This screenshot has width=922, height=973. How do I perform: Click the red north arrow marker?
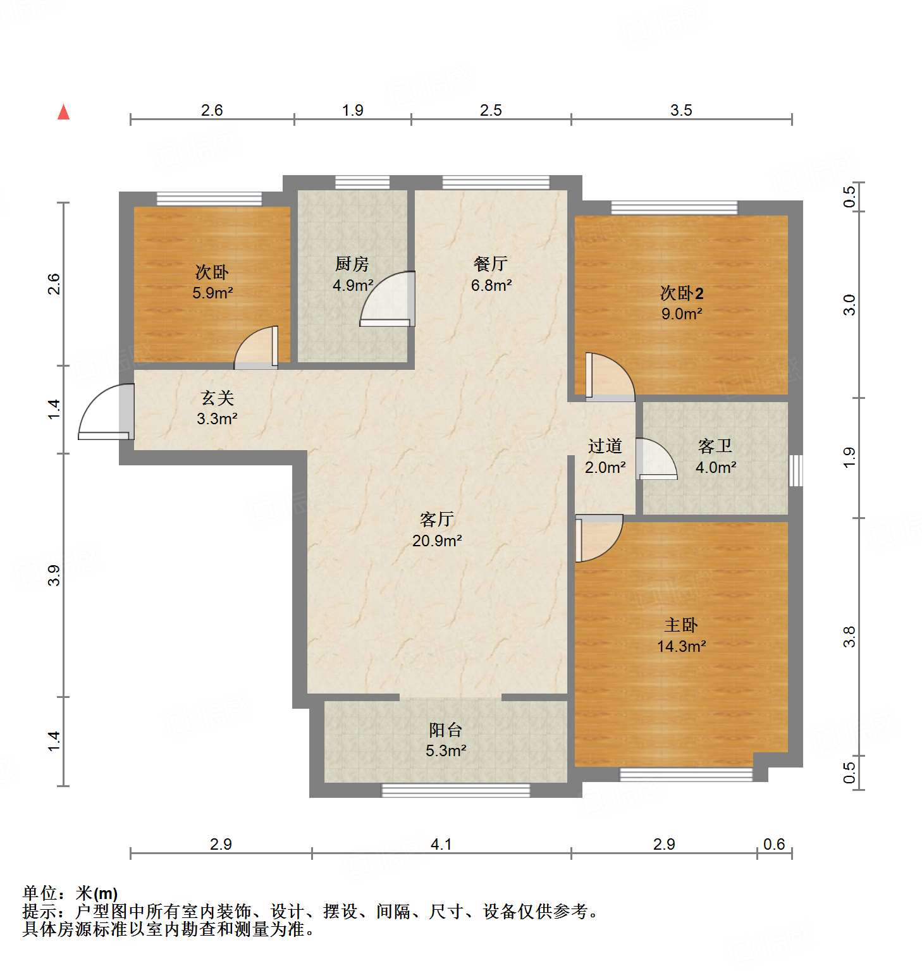63,112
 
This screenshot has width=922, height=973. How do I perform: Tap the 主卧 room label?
680,625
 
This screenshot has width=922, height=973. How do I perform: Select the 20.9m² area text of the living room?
437,541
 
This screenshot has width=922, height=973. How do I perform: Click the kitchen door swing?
387,300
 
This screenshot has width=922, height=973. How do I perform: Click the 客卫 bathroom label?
715,446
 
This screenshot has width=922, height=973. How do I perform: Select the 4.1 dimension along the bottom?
441,844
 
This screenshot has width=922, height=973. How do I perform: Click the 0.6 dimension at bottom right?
773,844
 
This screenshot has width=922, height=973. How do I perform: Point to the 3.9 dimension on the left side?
54,575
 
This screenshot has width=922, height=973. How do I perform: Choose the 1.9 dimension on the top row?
352,110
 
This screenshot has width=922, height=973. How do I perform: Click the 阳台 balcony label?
445,730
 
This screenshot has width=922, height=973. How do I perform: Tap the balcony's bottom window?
456,790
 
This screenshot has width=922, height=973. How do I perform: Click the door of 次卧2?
610,377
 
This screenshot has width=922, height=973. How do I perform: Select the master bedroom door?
598,538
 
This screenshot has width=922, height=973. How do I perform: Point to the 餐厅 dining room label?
491,264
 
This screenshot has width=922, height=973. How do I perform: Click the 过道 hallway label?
605,446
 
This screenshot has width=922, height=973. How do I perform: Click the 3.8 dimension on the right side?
849,636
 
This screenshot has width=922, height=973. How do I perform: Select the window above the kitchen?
362,183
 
